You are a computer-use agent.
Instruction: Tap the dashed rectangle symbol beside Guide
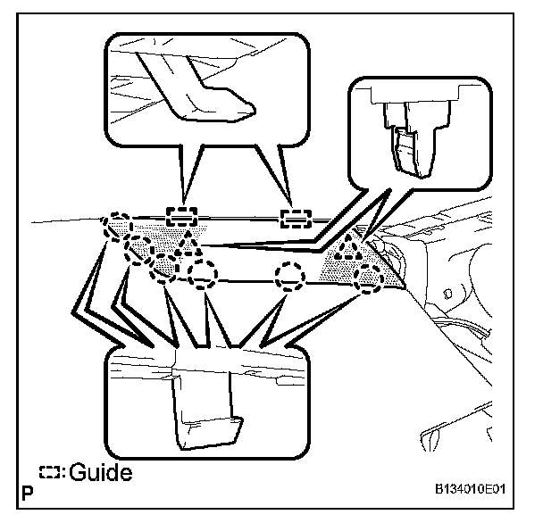point(52,472)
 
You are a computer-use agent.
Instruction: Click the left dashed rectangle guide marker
point(182,215)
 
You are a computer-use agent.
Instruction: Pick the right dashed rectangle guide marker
point(295,217)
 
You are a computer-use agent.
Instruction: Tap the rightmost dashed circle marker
point(366,278)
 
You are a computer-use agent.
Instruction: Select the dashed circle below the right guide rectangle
point(290,277)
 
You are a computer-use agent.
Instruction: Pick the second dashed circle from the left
point(139,249)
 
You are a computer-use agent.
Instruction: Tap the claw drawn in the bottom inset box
point(206,411)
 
